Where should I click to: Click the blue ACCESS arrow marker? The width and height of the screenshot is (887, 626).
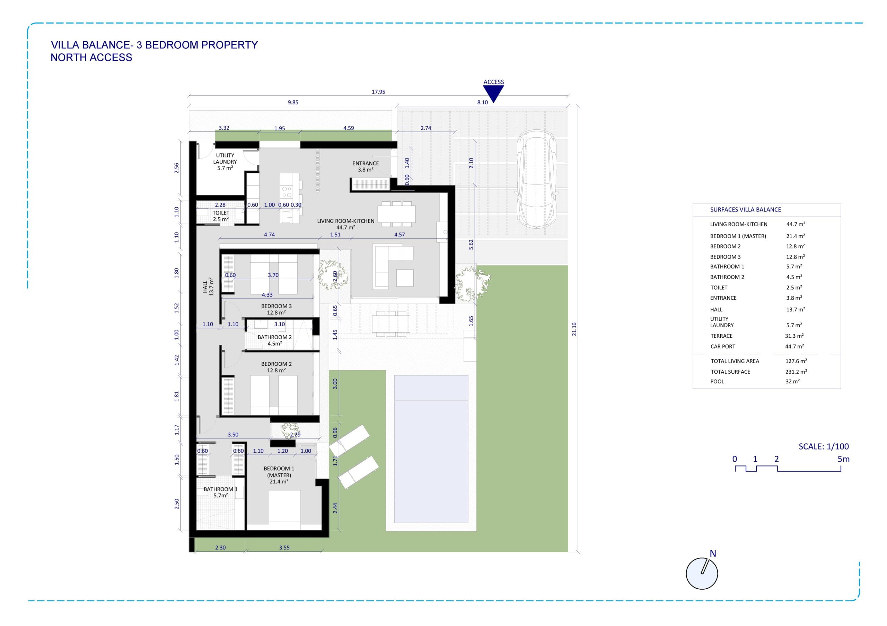493,93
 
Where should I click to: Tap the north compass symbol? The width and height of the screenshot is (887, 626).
702,573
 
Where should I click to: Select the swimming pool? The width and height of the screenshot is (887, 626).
431,449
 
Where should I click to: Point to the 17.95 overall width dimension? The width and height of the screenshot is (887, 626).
378,92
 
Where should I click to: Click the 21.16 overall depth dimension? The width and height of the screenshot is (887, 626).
574,329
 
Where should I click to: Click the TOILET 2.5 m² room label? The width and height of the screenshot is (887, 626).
221,216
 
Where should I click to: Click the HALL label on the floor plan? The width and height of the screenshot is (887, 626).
205,287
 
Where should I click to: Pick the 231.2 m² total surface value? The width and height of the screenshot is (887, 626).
796,372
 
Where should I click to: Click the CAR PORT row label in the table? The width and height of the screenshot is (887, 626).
723,347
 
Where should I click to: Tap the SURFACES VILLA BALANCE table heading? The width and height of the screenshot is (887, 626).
745,210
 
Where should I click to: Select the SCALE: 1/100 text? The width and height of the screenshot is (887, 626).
824,446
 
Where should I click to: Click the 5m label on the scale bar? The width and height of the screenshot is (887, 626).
843,459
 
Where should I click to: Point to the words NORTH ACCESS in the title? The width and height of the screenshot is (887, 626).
91,57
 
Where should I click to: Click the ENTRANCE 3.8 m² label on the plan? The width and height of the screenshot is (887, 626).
366,166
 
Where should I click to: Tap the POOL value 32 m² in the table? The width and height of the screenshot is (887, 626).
792,381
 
